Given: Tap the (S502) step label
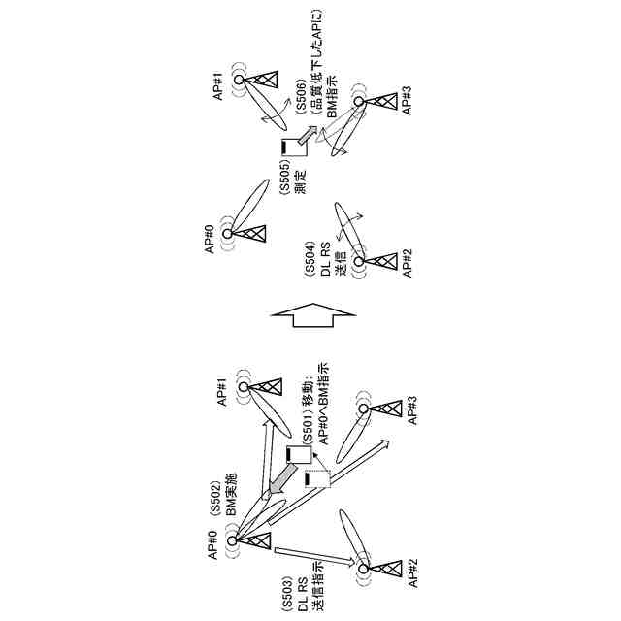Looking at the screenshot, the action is tap(216, 505).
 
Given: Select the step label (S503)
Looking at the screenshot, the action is tap(287, 584).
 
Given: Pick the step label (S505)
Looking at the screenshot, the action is tap(284, 178).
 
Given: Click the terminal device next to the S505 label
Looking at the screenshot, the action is tap(287, 147).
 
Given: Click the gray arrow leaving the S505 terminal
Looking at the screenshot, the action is tap(308, 136).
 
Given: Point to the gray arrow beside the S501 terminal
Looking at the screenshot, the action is tap(280, 477).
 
